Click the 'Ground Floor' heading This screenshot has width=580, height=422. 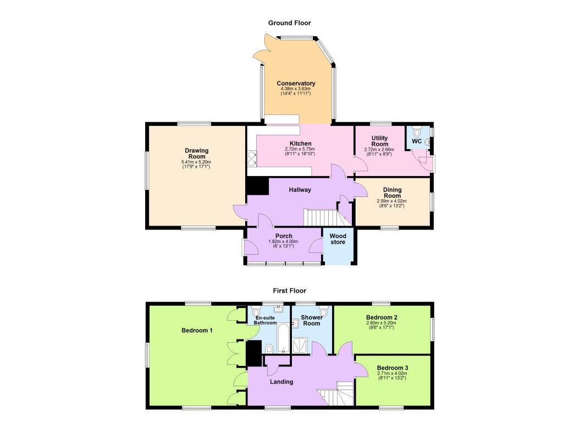click(x=289, y=23)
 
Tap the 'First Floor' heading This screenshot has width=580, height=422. click(x=289, y=291)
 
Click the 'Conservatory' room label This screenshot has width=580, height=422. click(x=296, y=84)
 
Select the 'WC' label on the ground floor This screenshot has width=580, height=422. click(x=417, y=141)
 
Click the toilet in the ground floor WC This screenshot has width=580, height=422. click(x=417, y=131)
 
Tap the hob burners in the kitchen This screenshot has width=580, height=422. click(x=252, y=158)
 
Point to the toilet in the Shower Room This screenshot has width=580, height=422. click(x=323, y=313)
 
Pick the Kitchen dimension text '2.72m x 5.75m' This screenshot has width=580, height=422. click(x=297, y=149)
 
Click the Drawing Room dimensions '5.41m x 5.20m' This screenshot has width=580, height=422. click(x=196, y=162)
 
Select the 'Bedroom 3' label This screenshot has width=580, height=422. click(x=393, y=368)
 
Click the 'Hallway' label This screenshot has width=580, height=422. click(x=300, y=190)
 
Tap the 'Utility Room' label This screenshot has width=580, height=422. click(x=380, y=141)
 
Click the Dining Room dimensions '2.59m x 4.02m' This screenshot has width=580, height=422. click(x=392, y=201)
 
